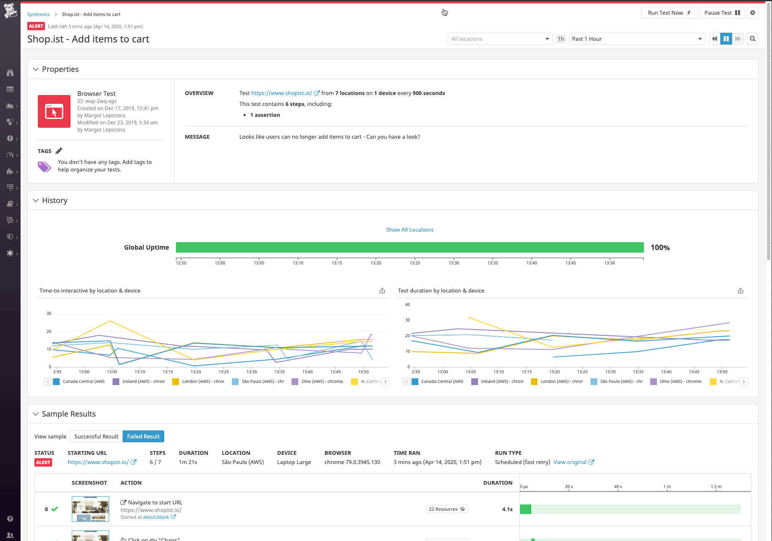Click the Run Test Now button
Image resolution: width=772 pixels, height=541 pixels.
669,13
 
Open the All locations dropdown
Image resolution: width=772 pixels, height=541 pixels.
500,39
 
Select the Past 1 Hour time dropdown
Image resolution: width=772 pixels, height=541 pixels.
637,39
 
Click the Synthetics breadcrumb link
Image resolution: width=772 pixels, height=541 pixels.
38,14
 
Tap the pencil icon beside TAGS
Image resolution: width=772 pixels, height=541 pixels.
59,151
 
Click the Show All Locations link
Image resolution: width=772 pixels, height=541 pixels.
410,230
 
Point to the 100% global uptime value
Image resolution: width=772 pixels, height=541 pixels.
660,248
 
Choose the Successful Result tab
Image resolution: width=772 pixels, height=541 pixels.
96,436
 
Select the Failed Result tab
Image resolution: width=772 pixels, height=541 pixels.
143,436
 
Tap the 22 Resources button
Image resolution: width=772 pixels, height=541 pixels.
446,509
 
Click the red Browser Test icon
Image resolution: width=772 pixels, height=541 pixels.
54,111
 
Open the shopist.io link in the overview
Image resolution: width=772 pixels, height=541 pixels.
281,93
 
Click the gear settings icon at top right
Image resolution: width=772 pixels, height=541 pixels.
753,13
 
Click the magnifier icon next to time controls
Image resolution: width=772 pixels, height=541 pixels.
753,39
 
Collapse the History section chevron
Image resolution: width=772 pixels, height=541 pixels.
36,201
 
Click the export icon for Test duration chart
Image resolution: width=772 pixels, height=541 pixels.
740,290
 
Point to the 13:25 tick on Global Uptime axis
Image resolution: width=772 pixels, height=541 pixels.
415,263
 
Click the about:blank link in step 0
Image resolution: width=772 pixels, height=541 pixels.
156,517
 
